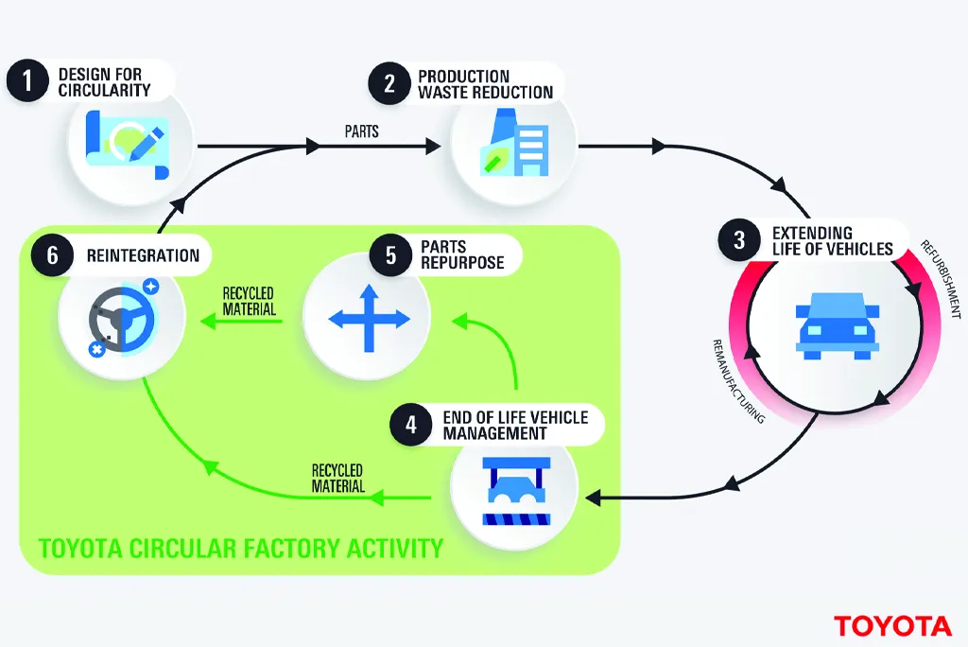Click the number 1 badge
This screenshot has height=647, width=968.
tap(29, 81)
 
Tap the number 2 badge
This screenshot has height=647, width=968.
tap(389, 83)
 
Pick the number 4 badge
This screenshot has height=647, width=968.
tap(411, 426)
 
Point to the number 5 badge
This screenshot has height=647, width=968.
tap(390, 255)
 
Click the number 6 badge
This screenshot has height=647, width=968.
tap(53, 255)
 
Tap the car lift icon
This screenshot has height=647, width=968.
tap(515, 491)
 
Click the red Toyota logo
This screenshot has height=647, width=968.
tap(892, 625)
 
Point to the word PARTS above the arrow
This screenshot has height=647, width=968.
tap(362, 131)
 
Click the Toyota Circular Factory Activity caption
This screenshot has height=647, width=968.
tap(240, 547)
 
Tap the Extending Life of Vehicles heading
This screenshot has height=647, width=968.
tap(832, 240)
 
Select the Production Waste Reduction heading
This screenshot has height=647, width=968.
tap(485, 83)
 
